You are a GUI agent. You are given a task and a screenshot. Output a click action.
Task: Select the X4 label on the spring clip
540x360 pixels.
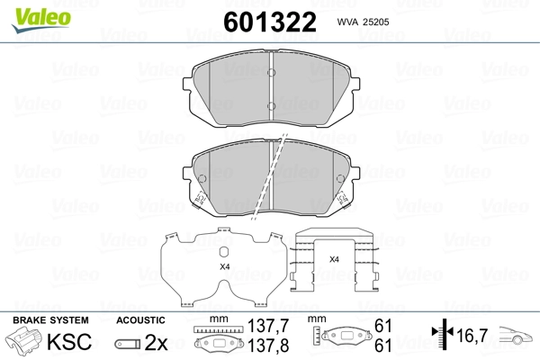coord(334,259)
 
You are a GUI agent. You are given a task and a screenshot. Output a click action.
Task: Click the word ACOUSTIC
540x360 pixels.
coord(140,320)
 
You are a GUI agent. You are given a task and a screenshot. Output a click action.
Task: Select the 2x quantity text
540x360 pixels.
coord(157,343)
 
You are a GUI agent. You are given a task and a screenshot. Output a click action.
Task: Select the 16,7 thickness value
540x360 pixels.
coord(472,335)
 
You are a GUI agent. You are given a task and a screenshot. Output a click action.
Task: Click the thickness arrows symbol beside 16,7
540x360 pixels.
coord(441,335)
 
